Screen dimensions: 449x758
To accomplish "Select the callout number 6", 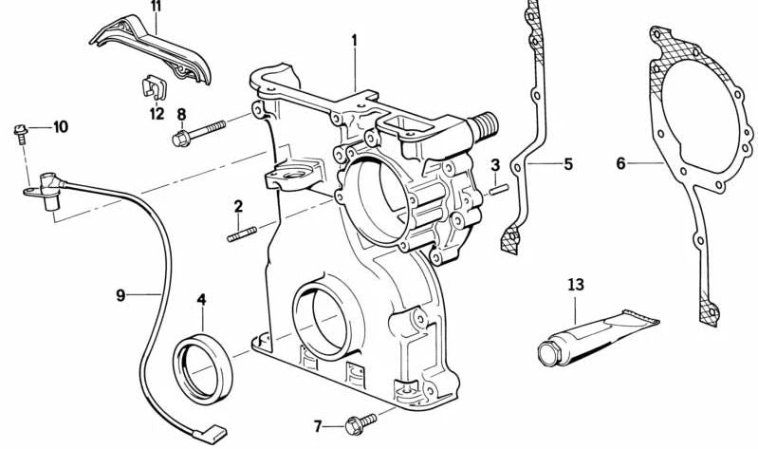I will point(620,164).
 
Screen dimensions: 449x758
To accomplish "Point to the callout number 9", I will point(120,295).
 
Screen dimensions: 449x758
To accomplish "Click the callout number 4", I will point(201,300).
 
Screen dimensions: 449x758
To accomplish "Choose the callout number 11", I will point(156,7).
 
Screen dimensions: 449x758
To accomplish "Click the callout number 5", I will point(567,164).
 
